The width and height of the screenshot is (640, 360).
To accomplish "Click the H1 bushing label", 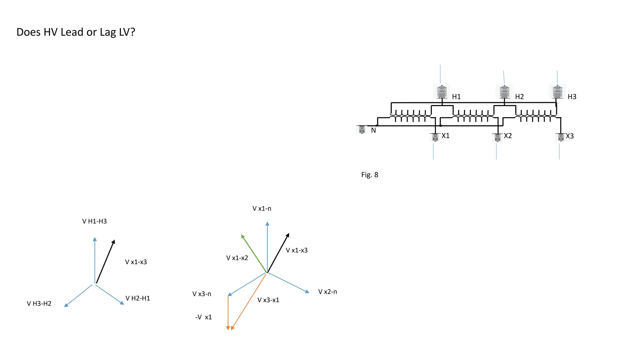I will tap(456, 97).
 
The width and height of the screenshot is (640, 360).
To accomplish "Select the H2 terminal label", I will tap(519, 97).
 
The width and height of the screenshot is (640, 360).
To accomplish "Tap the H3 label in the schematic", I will tap(572, 97).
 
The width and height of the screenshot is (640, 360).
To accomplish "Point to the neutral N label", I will tap(373, 130).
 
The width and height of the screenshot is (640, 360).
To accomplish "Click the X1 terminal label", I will tap(445, 136).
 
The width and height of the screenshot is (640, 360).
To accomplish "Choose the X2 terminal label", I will tap(508, 136).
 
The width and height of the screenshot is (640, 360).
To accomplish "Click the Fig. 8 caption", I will tap(370, 175).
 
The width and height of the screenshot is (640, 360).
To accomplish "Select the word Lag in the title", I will tap(108, 32).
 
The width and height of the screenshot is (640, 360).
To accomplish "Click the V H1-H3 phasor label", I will tap(94, 221).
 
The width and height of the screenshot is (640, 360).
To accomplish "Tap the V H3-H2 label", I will tap(39, 303).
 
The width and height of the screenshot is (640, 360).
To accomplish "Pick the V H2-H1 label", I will tap(137, 298).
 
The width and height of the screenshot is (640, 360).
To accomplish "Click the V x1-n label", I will tap(262, 208).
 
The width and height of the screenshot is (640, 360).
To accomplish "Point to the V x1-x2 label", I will tap(237, 258).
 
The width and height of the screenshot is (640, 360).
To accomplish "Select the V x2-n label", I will tap(327, 292).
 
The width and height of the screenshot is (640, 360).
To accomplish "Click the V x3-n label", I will tap(202, 294).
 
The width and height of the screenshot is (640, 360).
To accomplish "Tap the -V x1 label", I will tap(203, 317).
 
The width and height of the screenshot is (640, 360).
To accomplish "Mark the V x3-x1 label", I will tap(268, 300).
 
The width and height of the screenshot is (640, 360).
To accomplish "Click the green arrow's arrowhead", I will tap(243, 237).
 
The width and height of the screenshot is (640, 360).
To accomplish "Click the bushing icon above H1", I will tap(442, 92).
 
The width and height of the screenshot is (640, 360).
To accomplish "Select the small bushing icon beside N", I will tap(362, 129).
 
